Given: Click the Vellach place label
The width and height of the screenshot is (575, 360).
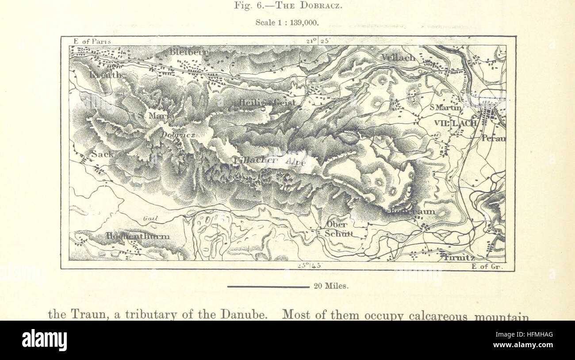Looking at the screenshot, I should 398,58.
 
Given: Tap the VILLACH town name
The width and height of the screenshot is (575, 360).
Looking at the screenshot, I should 455,123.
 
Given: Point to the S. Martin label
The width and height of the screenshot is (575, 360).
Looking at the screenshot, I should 445,107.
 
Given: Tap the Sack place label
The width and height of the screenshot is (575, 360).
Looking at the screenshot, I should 102,154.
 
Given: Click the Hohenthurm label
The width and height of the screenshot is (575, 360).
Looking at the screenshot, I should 138,237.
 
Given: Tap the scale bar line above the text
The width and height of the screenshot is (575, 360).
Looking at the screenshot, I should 268,287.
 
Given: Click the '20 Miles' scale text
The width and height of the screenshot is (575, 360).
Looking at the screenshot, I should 331,286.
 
